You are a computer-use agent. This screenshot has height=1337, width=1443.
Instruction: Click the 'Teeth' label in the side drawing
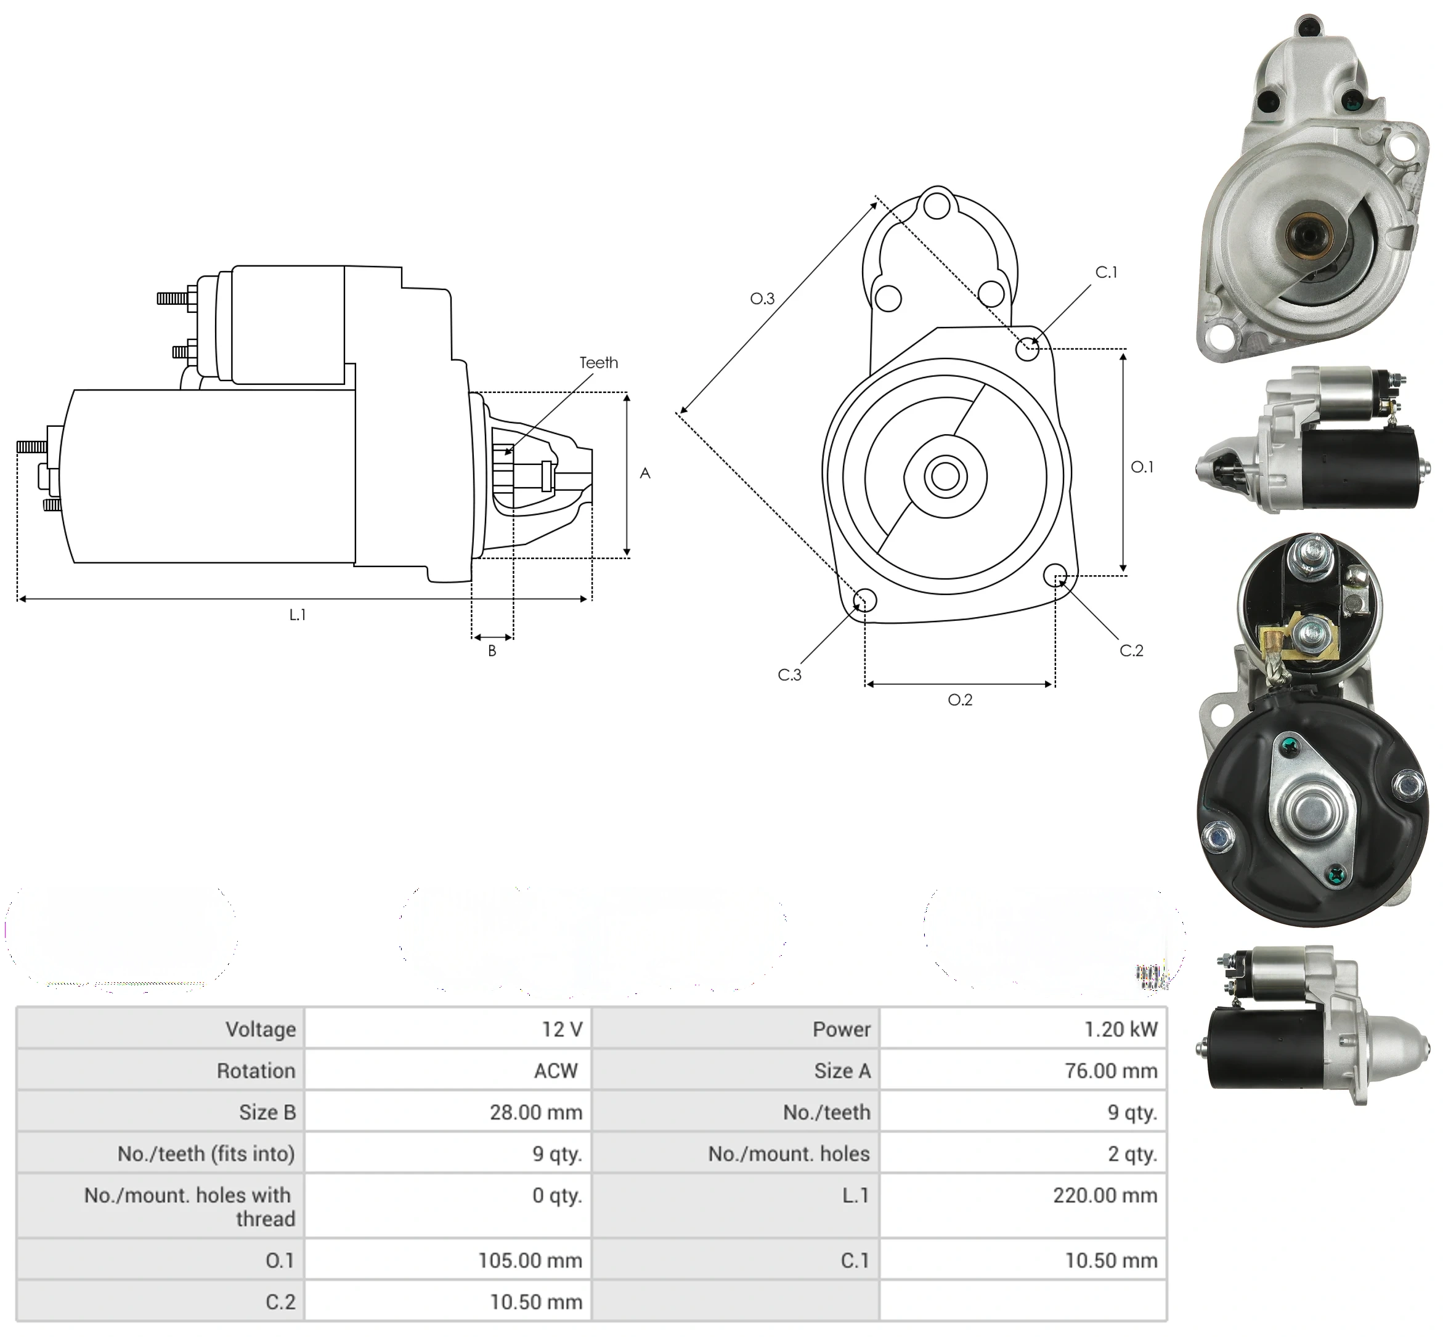(598, 363)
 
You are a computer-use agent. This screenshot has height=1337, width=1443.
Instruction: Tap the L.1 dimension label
(298, 615)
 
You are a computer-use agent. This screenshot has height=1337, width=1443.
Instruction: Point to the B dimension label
(492, 651)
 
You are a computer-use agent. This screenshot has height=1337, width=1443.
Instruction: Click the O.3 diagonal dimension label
(762, 299)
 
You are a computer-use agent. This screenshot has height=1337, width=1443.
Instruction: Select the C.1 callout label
(1106, 272)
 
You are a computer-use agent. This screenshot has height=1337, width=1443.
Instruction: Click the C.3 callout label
(789, 675)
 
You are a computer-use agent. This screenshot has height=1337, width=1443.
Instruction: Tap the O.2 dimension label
(961, 700)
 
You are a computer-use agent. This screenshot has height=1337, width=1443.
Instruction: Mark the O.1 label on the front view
(1142, 467)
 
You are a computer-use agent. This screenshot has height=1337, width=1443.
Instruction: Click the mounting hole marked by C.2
(1055, 575)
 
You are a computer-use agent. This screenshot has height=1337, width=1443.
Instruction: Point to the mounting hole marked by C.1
(1027, 349)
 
